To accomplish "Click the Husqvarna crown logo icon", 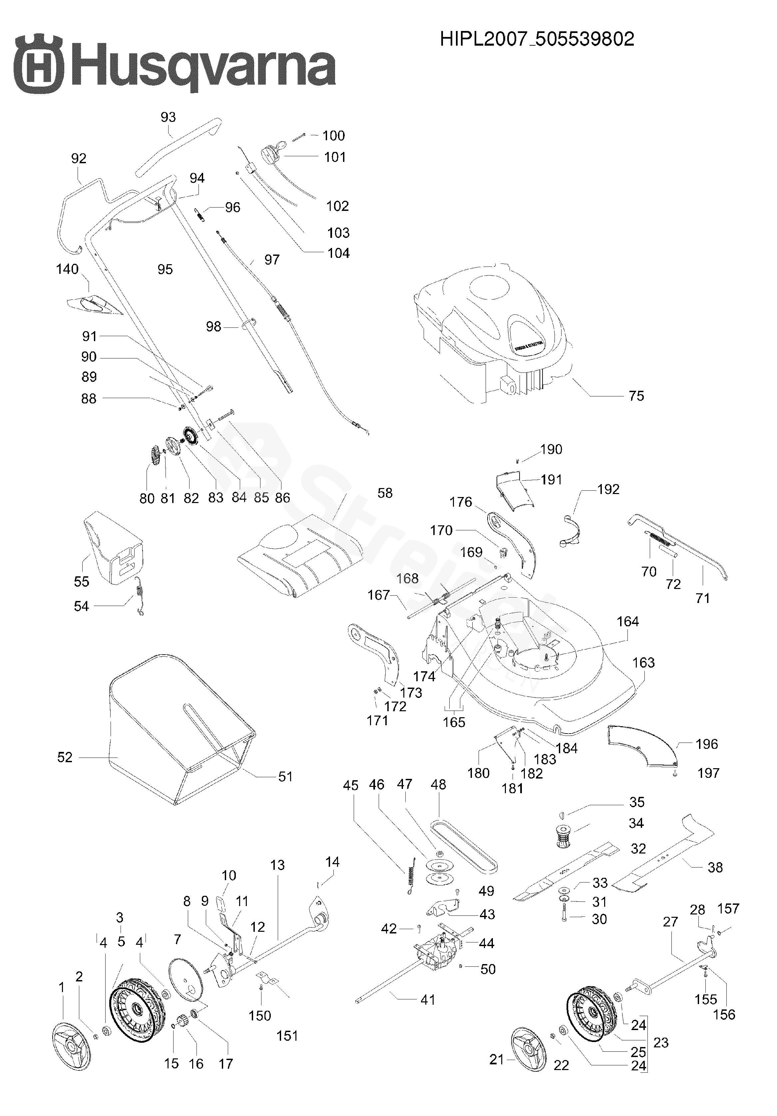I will point(39,64).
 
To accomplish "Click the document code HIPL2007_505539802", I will point(537,39).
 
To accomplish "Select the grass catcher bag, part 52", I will point(160,729).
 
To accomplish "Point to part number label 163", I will point(643,662).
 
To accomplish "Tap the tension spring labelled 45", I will point(412,876).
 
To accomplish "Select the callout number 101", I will point(335,157).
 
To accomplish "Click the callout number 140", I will point(67,269).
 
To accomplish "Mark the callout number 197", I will point(708,773).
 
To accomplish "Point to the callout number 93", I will point(168,117).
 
